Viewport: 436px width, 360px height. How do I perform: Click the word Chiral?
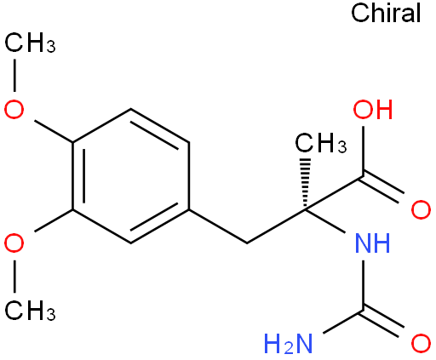(386, 13)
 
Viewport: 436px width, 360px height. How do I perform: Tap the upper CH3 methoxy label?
(30, 43)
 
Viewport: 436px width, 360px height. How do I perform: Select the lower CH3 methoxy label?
(30, 311)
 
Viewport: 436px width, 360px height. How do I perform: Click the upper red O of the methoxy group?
(14, 109)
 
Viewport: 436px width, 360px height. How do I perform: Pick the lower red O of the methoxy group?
(14, 243)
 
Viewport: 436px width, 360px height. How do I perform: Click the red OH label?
(373, 109)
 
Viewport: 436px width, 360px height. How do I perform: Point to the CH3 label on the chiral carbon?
(321, 143)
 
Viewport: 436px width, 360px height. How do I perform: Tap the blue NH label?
(373, 243)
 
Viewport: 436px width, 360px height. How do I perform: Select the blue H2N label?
(289, 344)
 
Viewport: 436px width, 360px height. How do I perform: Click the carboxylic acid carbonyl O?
(421, 209)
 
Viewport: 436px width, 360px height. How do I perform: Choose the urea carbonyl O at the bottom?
(421, 344)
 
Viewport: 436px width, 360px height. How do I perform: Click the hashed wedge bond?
(306, 184)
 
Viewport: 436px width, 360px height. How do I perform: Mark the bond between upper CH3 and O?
(14, 75)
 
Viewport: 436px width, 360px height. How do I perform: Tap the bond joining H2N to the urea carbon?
(343, 323)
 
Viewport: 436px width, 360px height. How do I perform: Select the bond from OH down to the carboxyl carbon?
(363, 151)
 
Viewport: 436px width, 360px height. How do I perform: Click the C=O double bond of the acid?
(382, 188)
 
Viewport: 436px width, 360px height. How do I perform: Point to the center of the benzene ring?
(130, 176)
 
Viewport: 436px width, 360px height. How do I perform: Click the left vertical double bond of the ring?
(78, 176)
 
